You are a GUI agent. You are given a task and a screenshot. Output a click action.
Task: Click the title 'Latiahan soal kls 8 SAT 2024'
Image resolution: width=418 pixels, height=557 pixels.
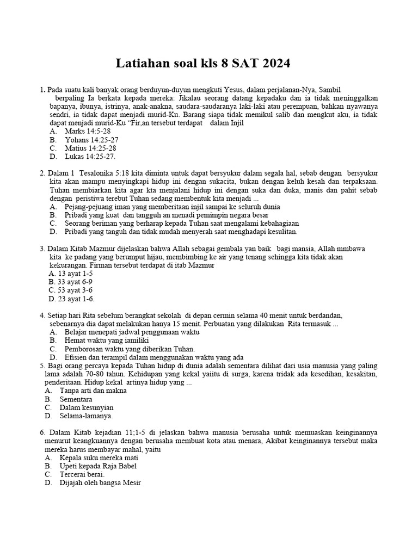203,64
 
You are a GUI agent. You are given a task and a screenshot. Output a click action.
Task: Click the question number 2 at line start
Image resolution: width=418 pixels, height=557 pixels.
42,173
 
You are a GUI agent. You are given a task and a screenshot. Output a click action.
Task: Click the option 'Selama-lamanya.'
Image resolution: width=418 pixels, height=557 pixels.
86,416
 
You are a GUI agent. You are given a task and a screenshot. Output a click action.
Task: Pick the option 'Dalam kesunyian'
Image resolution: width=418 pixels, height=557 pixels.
87,407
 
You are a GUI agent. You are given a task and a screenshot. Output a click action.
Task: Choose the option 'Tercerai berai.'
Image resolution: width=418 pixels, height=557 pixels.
82,474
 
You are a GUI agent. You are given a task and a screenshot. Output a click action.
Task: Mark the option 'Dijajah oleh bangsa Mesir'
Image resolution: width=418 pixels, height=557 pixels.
100,482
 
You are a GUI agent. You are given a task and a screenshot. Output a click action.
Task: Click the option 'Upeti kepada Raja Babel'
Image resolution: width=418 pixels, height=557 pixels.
98,466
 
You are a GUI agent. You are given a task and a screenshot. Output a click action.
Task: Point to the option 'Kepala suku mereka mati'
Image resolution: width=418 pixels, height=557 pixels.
99,458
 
